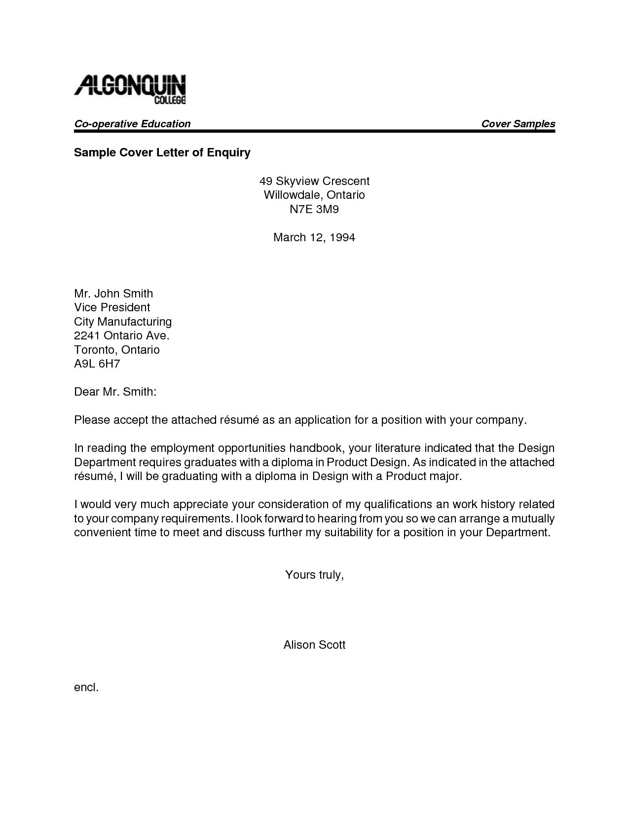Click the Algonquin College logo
[x=130, y=89]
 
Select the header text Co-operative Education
[x=132, y=124]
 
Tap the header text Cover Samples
[x=518, y=124]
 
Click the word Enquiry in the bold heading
[x=228, y=152]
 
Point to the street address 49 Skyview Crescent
[x=314, y=181]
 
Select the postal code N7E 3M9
[x=314, y=209]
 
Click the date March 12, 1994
[x=314, y=237]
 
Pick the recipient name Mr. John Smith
[x=113, y=294]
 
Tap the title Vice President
[x=112, y=307]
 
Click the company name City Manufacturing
[x=123, y=322]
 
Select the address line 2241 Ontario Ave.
[x=121, y=336]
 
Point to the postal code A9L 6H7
[x=97, y=364]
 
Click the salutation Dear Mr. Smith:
[x=115, y=392]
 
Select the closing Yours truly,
[x=314, y=575]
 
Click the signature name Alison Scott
[x=314, y=645]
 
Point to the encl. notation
[x=86, y=687]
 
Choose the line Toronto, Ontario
[x=117, y=350]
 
